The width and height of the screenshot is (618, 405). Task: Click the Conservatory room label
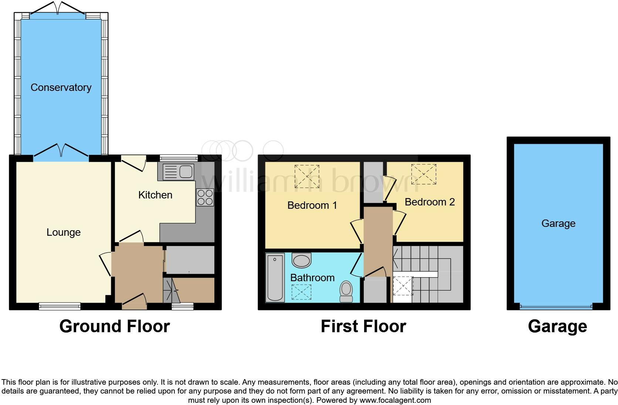click(x=61, y=88)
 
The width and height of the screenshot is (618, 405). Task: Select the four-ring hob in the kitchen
click(x=205, y=197)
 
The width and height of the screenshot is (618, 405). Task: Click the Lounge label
click(x=64, y=232)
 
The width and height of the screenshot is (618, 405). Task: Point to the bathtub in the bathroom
click(x=275, y=277)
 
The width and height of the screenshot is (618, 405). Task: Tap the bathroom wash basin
click(x=302, y=260)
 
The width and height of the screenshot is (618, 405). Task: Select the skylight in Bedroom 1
click(x=307, y=176)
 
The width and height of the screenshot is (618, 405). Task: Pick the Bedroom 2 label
click(x=429, y=202)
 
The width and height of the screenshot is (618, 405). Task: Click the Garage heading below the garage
click(x=557, y=327)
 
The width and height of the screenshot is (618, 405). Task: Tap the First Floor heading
click(x=363, y=327)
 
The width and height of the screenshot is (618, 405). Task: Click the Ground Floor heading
click(x=115, y=327)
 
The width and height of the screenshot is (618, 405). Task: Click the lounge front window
click(x=60, y=306)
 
